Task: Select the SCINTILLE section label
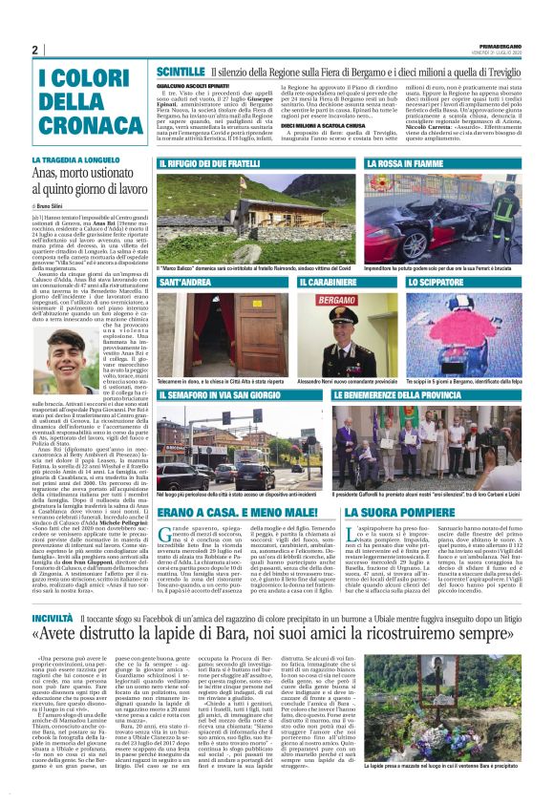(179, 72)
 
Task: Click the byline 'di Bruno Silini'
(53, 205)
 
